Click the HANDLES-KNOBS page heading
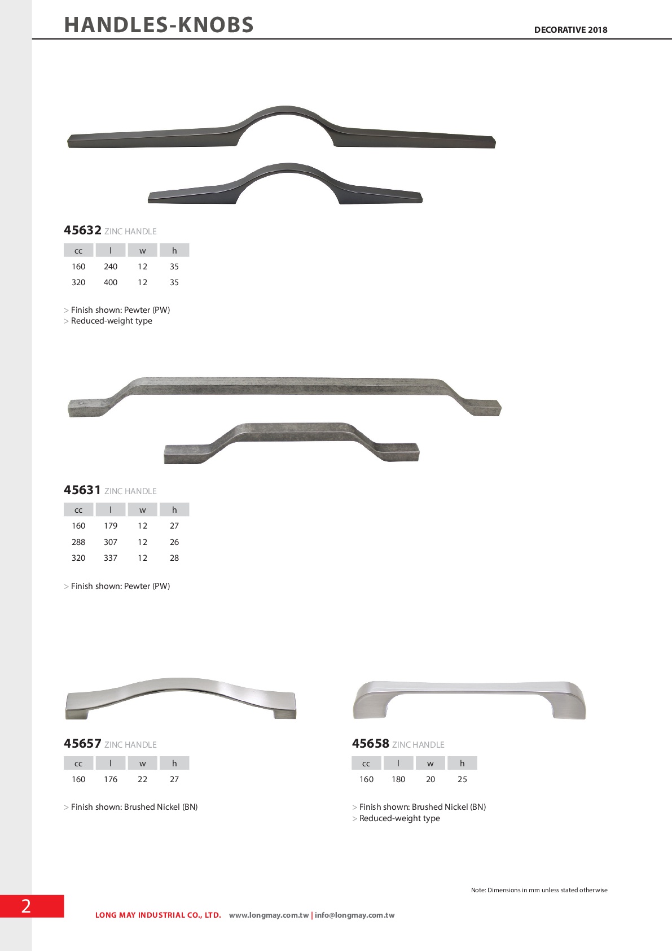(x=159, y=25)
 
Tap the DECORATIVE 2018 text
(x=570, y=30)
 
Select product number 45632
(x=82, y=230)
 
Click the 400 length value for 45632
(x=110, y=282)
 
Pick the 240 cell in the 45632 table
(x=110, y=267)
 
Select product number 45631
(x=82, y=490)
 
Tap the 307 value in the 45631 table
(x=110, y=542)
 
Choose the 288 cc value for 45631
(x=78, y=542)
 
